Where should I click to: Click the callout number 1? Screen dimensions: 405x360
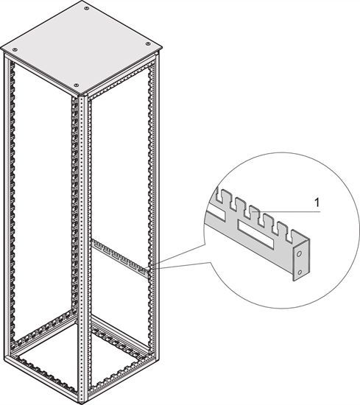317,200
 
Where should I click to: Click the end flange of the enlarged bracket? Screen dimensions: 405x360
299,261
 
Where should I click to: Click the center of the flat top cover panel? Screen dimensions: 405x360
81,47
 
